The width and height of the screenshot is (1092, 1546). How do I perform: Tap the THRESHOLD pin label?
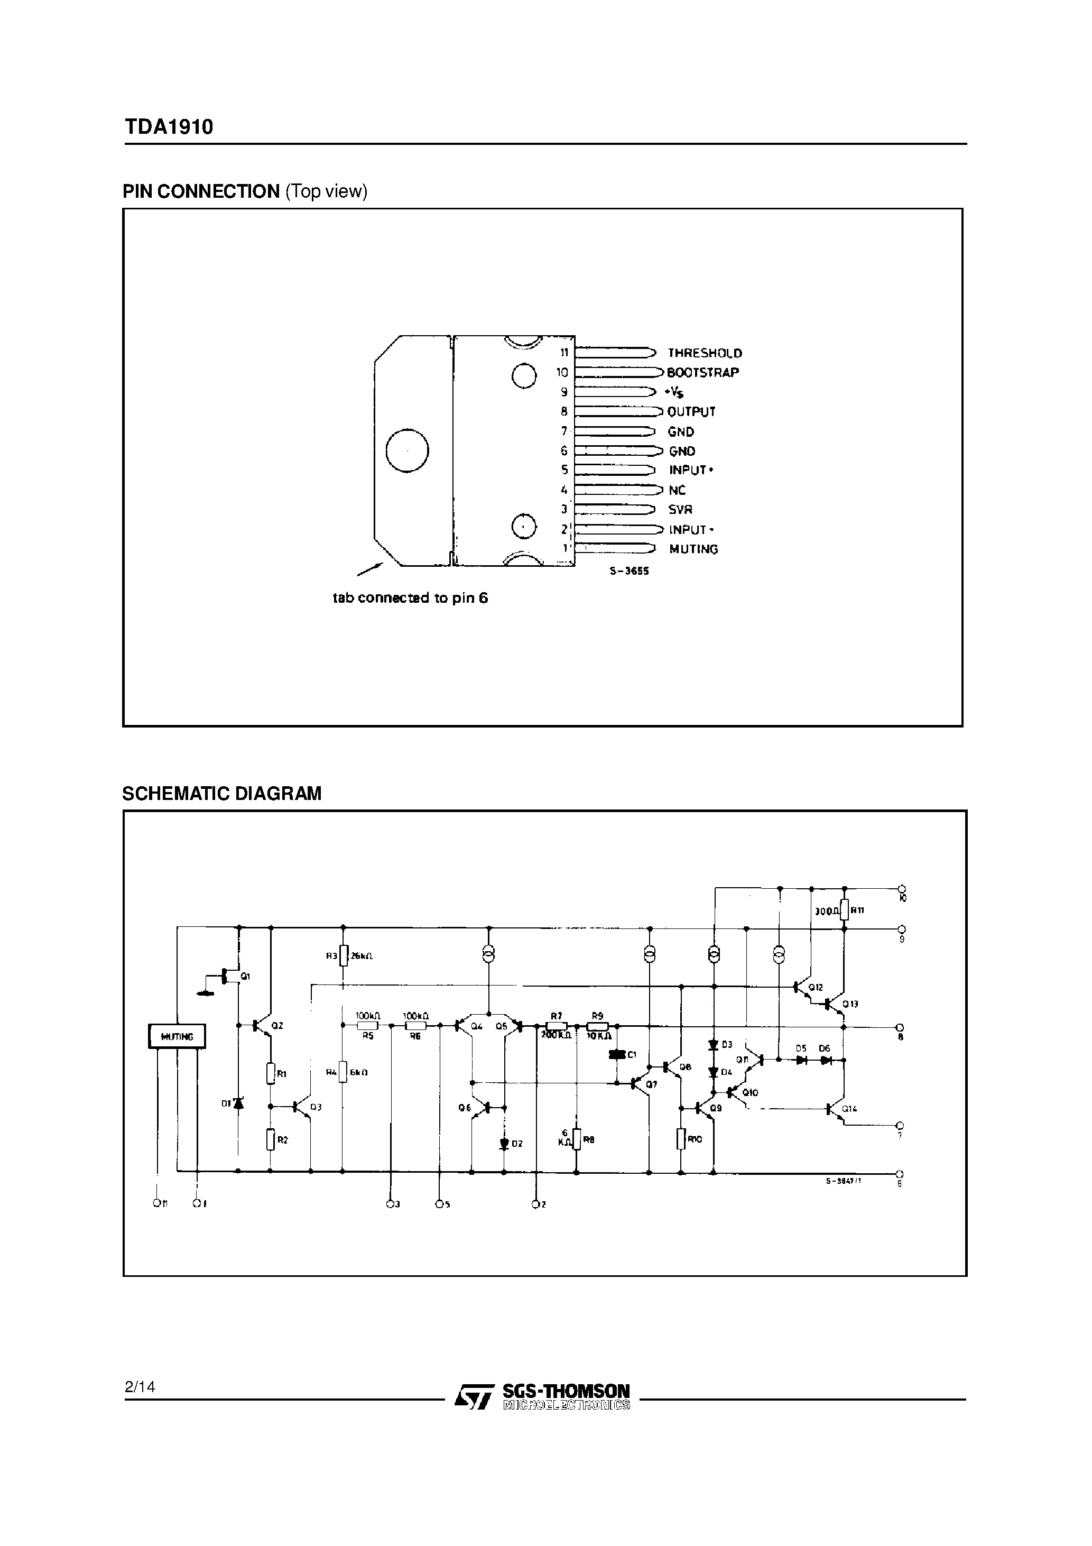704,353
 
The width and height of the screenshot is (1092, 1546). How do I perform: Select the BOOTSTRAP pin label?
702,372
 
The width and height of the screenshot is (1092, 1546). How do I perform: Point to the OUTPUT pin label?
691,411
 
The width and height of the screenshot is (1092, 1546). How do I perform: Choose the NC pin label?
677,490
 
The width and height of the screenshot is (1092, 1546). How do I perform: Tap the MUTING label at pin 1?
693,549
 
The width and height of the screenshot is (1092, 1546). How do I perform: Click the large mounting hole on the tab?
408,450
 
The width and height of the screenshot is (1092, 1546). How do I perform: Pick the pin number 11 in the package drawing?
564,353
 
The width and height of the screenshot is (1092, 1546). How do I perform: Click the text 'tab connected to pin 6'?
410,597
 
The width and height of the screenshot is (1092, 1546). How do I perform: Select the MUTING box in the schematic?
177,1036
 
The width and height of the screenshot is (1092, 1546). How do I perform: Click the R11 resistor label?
857,910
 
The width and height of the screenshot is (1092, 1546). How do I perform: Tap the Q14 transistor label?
849,1109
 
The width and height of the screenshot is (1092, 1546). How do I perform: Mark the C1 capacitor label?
632,1054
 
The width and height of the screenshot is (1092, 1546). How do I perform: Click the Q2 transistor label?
277,1026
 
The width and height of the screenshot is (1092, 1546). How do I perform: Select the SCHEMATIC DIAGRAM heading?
221,793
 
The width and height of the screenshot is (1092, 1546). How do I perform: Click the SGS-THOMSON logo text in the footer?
566,1391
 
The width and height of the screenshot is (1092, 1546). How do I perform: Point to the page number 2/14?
140,1386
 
